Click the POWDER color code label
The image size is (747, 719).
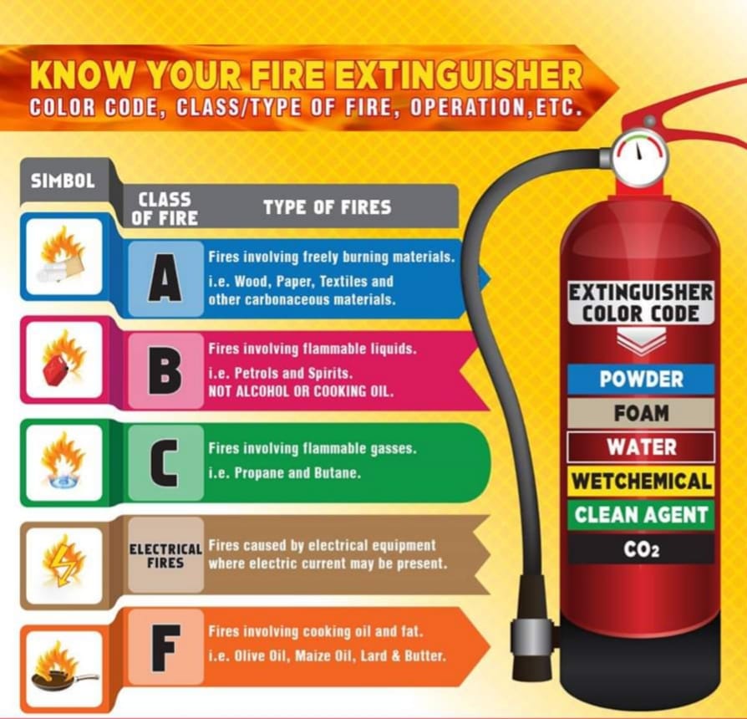click(x=641, y=379)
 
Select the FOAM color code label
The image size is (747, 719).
click(x=641, y=413)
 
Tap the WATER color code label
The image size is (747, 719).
click(x=641, y=447)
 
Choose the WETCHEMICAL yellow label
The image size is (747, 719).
click(x=641, y=481)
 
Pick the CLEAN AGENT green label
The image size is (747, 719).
click(x=641, y=515)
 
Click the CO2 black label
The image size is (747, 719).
click(x=641, y=549)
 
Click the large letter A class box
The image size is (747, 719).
click(x=165, y=278)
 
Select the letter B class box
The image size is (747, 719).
click(x=165, y=370)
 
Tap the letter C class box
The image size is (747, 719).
click(x=165, y=462)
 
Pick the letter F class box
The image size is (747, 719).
click(x=165, y=647)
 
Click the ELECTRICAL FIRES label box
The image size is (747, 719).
click(x=165, y=555)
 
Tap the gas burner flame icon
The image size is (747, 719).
click(x=63, y=462)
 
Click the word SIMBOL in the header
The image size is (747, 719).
click(x=63, y=181)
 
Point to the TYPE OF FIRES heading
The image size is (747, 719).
click(x=328, y=207)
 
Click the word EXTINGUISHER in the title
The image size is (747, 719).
click(x=458, y=75)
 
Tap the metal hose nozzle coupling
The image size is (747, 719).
click(x=532, y=637)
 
